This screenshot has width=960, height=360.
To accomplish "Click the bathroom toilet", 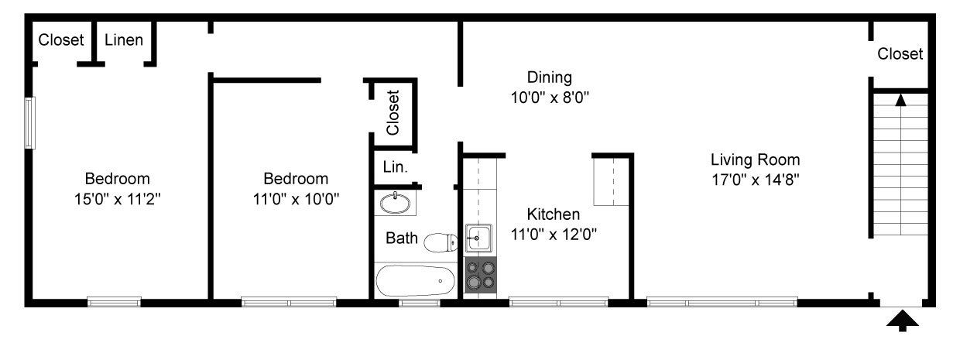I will point(440,242).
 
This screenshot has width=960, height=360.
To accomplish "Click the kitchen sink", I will point(478,237).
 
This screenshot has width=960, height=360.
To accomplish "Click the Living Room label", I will point(755,160).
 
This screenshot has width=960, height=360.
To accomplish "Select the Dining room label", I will point(549,77).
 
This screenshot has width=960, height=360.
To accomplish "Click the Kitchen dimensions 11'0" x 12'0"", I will point(554,234).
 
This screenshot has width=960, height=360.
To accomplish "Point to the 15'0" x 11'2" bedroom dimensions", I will point(117,198).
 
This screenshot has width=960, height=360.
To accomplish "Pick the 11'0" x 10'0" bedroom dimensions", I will point(295,198).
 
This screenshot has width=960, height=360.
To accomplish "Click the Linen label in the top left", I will point(124,39).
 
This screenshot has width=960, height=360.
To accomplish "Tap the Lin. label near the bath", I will point(396,166).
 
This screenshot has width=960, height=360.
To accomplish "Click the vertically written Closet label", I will point(393,112).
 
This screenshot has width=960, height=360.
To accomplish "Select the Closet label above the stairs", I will point(900,54).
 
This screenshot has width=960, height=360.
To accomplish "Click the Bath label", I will point(402,238).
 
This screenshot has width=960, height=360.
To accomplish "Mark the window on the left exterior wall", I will point(29,122).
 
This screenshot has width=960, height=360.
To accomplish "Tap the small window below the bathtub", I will point(419,303).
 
